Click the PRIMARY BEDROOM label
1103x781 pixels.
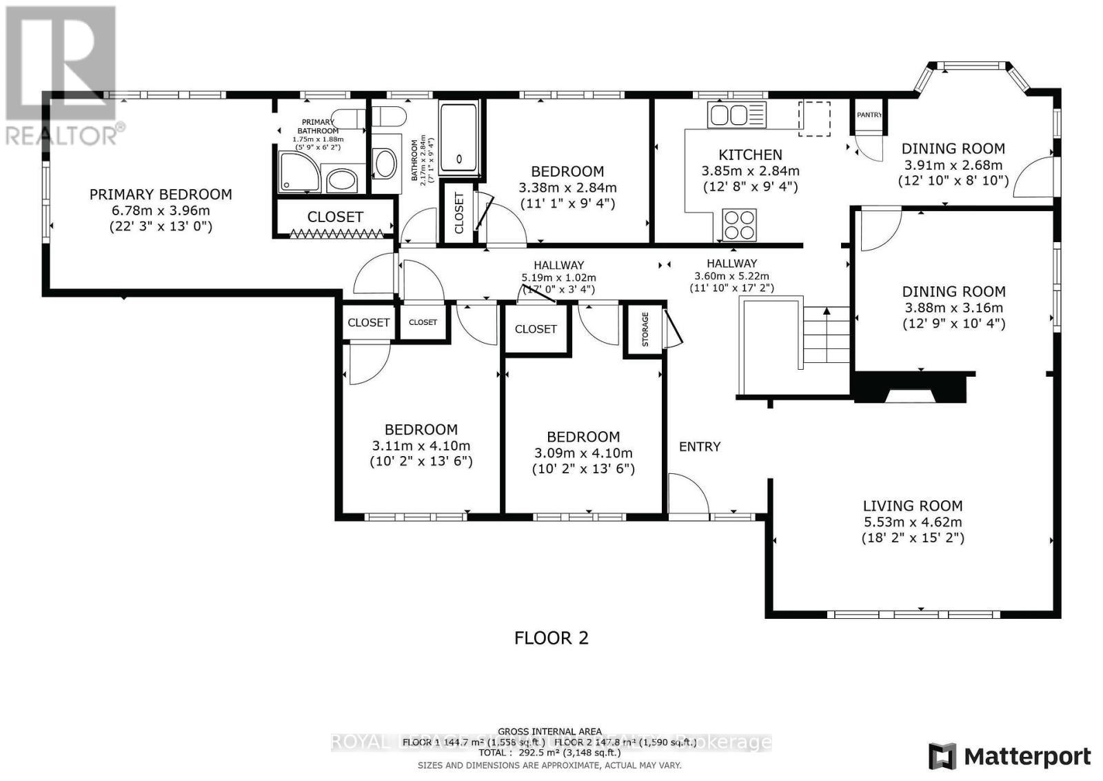(x=160, y=195)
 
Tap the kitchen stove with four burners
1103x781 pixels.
(x=738, y=224)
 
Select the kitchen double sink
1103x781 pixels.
(x=737, y=115)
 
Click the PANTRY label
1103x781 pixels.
(x=869, y=115)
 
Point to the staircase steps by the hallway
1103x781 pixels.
(x=826, y=338)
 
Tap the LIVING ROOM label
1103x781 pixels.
(x=913, y=506)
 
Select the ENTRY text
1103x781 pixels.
(x=700, y=446)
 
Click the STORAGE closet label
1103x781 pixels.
(x=645, y=329)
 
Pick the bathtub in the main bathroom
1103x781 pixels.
(x=458, y=137)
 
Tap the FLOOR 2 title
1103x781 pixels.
(x=551, y=637)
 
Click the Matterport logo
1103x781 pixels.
(x=1009, y=756)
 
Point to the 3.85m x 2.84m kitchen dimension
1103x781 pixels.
(x=750, y=171)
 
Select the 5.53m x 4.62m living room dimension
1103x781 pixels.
(x=913, y=522)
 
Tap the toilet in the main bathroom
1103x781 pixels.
(x=384, y=164)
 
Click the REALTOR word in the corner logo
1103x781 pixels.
(x=61, y=135)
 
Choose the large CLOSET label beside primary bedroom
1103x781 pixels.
(x=335, y=217)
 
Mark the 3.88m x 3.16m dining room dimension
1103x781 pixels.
(x=953, y=308)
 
